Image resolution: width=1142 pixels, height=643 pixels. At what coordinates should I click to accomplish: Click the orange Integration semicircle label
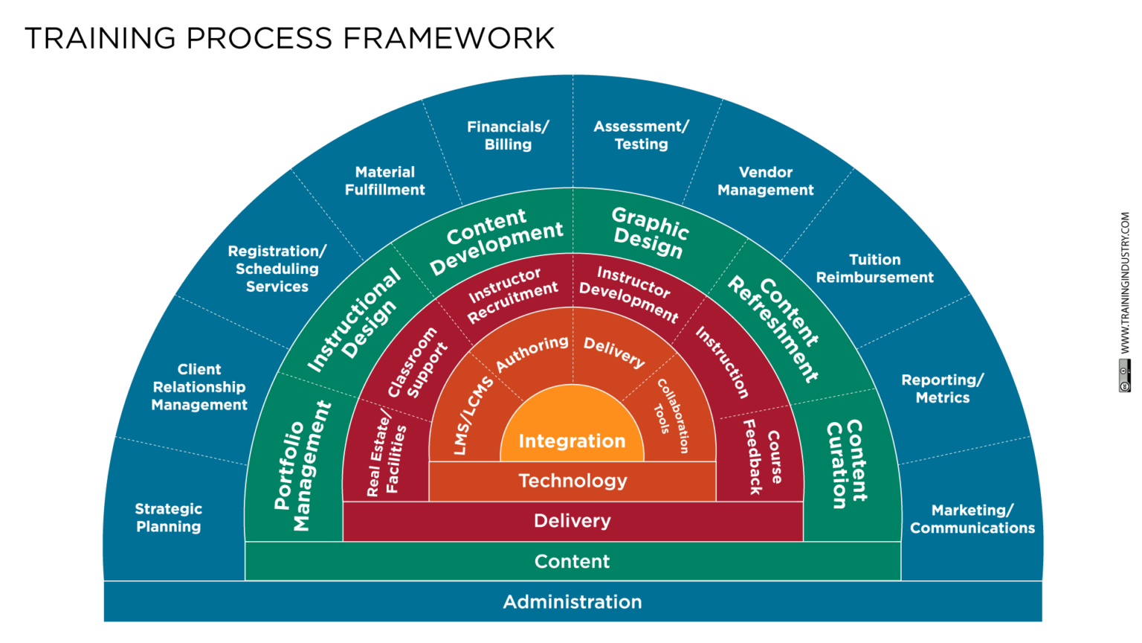pyautogui.click(x=572, y=441)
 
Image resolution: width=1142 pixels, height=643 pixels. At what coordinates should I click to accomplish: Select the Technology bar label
pyautogui.click(x=572, y=481)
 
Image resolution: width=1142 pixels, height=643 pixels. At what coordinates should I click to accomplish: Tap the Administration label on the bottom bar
pyautogui.click(x=572, y=602)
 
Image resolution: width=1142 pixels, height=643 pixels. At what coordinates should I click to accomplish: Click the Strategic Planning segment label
pyautogui.click(x=169, y=518)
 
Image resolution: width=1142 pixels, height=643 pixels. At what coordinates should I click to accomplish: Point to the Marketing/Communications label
pyautogui.click(x=972, y=519)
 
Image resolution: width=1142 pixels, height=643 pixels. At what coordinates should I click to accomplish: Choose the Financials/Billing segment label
pyautogui.click(x=508, y=135)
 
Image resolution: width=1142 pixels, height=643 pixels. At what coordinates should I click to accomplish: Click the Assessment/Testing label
pyautogui.click(x=641, y=135)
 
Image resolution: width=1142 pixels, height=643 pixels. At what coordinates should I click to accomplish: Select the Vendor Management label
pyautogui.click(x=765, y=181)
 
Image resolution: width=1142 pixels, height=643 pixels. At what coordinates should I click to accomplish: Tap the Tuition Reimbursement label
pyautogui.click(x=874, y=269)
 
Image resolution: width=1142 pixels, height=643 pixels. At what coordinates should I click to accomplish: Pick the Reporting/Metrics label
pyautogui.click(x=942, y=388)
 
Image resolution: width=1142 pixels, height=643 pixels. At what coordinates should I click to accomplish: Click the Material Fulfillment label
pyautogui.click(x=384, y=181)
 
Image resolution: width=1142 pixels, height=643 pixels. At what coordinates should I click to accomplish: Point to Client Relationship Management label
pyautogui.click(x=199, y=387)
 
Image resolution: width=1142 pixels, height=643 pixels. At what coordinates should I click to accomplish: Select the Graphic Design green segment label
pyautogui.click(x=648, y=232)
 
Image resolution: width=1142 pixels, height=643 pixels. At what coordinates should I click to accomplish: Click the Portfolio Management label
pyautogui.click(x=302, y=465)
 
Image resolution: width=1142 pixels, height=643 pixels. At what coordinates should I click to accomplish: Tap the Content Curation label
pyautogui.click(x=846, y=463)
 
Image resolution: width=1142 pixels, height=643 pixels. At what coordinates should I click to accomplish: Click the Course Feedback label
pyautogui.click(x=764, y=456)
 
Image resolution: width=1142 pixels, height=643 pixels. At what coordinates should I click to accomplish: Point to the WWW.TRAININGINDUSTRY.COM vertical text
pyautogui.click(x=1125, y=283)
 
